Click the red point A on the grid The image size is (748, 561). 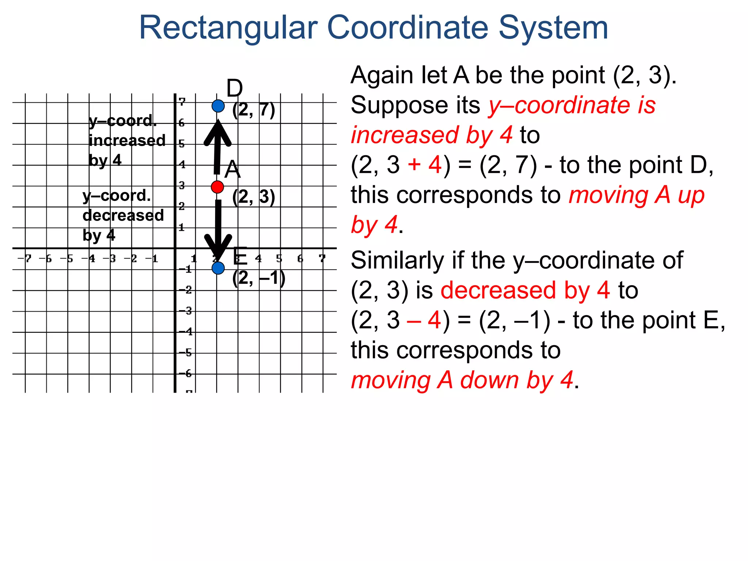(x=217, y=187)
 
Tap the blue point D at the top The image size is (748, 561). (x=218, y=106)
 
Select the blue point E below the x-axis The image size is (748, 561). (x=218, y=268)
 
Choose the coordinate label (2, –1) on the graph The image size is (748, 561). (x=259, y=278)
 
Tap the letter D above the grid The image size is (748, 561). (x=234, y=88)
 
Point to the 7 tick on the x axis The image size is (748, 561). (x=322, y=259)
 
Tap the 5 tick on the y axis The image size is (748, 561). (x=182, y=144)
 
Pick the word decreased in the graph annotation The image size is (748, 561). (x=123, y=215)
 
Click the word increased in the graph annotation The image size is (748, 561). (x=127, y=141)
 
